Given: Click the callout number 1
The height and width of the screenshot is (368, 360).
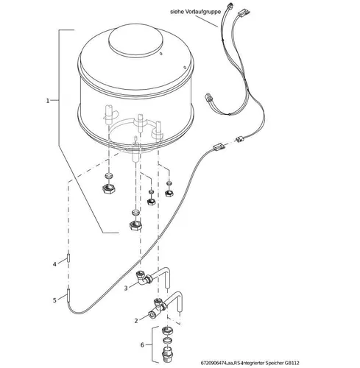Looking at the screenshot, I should click(x=48, y=101).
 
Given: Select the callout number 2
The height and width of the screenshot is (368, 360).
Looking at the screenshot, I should click(x=136, y=321).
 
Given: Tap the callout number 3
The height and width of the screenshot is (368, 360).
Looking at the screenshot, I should click(x=127, y=287).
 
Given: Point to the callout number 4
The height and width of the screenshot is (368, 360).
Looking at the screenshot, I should click(x=54, y=263).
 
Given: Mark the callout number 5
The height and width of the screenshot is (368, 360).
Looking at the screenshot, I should click(x=54, y=300).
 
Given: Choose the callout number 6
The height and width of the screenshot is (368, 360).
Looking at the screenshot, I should click(x=142, y=344).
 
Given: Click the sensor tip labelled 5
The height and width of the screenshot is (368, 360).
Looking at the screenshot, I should click(x=68, y=296).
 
